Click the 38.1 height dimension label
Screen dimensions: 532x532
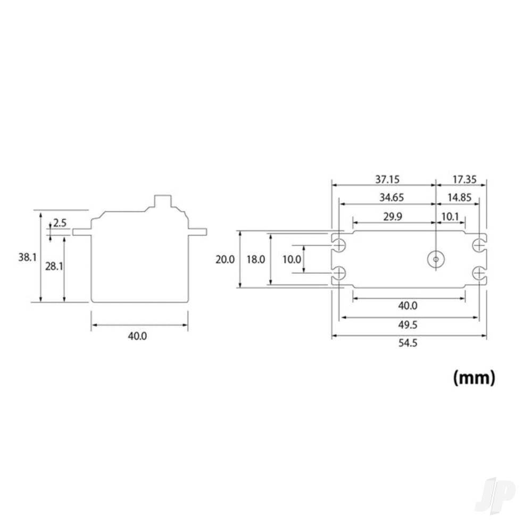coord(27,257)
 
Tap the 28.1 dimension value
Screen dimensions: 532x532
coord(54,267)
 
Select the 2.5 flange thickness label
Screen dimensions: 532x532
coord(60,223)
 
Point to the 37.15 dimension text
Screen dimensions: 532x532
coord(387,179)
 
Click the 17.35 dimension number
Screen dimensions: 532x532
coord(464,179)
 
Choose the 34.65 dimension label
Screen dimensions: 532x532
coord(392,197)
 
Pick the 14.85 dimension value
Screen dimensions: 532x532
coord(460,197)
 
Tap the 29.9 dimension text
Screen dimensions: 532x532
coord(393,217)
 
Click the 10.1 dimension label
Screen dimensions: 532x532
coord(450,217)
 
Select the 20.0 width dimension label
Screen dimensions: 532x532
coord(225,260)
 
